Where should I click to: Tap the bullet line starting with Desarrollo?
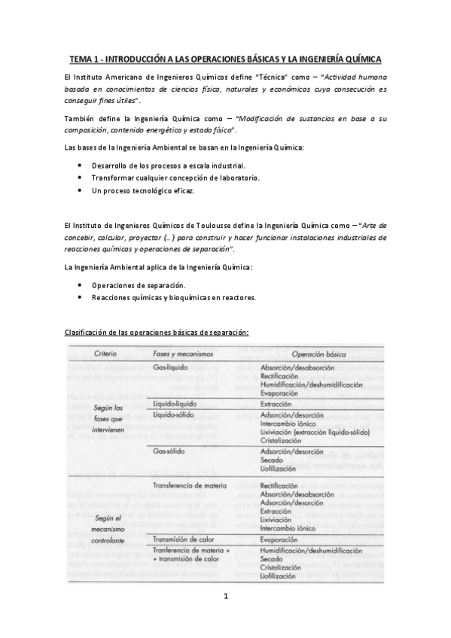169,165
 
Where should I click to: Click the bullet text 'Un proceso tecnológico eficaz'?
142,191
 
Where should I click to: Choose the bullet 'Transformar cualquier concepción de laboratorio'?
175,178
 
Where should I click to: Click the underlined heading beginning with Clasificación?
157,332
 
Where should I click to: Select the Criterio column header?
105,354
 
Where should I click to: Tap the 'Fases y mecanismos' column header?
182,354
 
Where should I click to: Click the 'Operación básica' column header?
318,354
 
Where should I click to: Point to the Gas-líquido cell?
170,367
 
